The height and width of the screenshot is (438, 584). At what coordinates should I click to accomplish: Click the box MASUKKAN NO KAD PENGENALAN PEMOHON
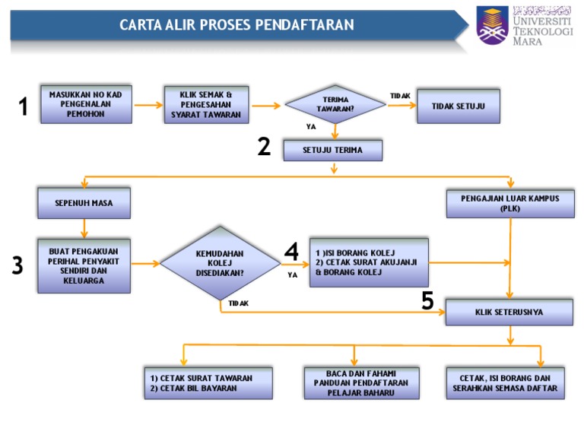tap(86, 105)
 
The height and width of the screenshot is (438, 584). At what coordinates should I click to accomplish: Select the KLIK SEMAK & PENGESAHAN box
tap(206, 105)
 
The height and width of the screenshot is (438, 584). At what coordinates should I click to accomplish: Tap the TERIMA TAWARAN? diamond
tap(335, 105)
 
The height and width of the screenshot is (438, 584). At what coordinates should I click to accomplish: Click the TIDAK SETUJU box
tap(459, 106)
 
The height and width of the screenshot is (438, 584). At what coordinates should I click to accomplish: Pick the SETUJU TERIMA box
tap(332, 151)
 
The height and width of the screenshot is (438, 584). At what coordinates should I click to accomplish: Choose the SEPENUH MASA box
tap(84, 203)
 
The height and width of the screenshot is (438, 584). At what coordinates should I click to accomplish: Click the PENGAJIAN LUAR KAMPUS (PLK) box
tap(509, 203)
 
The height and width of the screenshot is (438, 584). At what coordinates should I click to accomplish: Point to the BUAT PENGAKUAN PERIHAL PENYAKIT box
tap(84, 265)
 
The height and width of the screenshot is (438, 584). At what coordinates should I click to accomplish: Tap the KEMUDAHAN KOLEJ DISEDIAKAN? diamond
tap(220, 263)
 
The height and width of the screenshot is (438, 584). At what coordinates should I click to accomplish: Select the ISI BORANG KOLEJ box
tap(369, 262)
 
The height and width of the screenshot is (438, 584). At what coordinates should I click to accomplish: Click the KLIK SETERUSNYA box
tap(509, 312)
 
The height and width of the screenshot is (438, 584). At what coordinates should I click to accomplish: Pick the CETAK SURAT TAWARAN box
tap(208, 383)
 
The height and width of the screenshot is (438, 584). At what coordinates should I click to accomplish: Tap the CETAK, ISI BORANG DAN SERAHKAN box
tap(505, 383)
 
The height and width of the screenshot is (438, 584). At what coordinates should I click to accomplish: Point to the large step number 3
tap(17, 265)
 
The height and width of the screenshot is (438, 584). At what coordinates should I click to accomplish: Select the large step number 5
tap(427, 302)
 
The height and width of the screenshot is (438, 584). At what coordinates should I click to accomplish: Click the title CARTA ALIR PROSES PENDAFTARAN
tap(236, 25)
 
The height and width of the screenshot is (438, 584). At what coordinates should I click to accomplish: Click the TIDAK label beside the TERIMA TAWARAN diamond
tap(400, 96)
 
